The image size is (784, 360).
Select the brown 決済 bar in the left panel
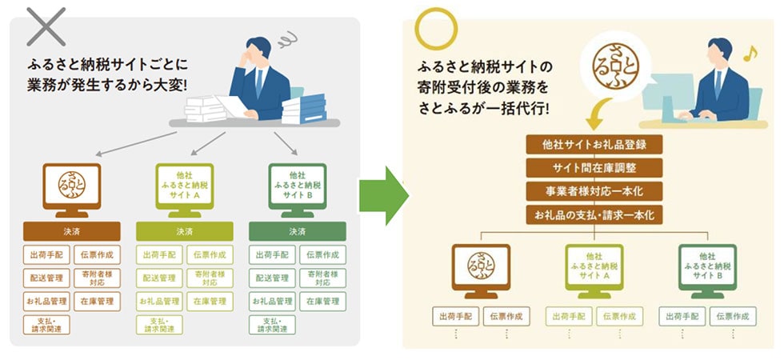click(x=71, y=231)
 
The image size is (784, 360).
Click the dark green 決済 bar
click(x=297, y=231)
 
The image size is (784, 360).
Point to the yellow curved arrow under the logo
click(x=593, y=120)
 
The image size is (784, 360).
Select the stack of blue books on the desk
click(x=303, y=108)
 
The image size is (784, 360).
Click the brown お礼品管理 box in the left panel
click(x=46, y=302)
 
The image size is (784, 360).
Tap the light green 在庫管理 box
click(x=210, y=302)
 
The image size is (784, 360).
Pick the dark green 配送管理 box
click(x=272, y=278)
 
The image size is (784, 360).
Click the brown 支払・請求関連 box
click(x=46, y=325)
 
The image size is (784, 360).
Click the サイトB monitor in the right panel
click(x=708, y=266)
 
